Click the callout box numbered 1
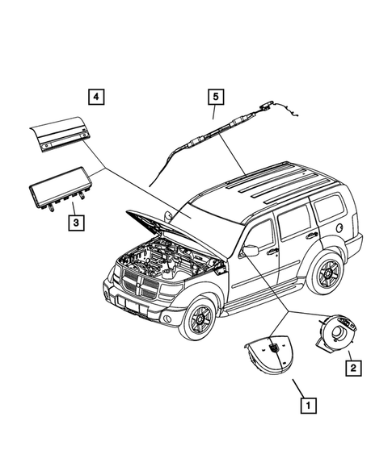[307, 406]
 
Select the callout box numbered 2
[353, 369]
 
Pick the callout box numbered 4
[96, 98]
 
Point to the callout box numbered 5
[215, 98]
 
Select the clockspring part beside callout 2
[340, 332]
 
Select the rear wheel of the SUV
[329, 273]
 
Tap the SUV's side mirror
[250, 252]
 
